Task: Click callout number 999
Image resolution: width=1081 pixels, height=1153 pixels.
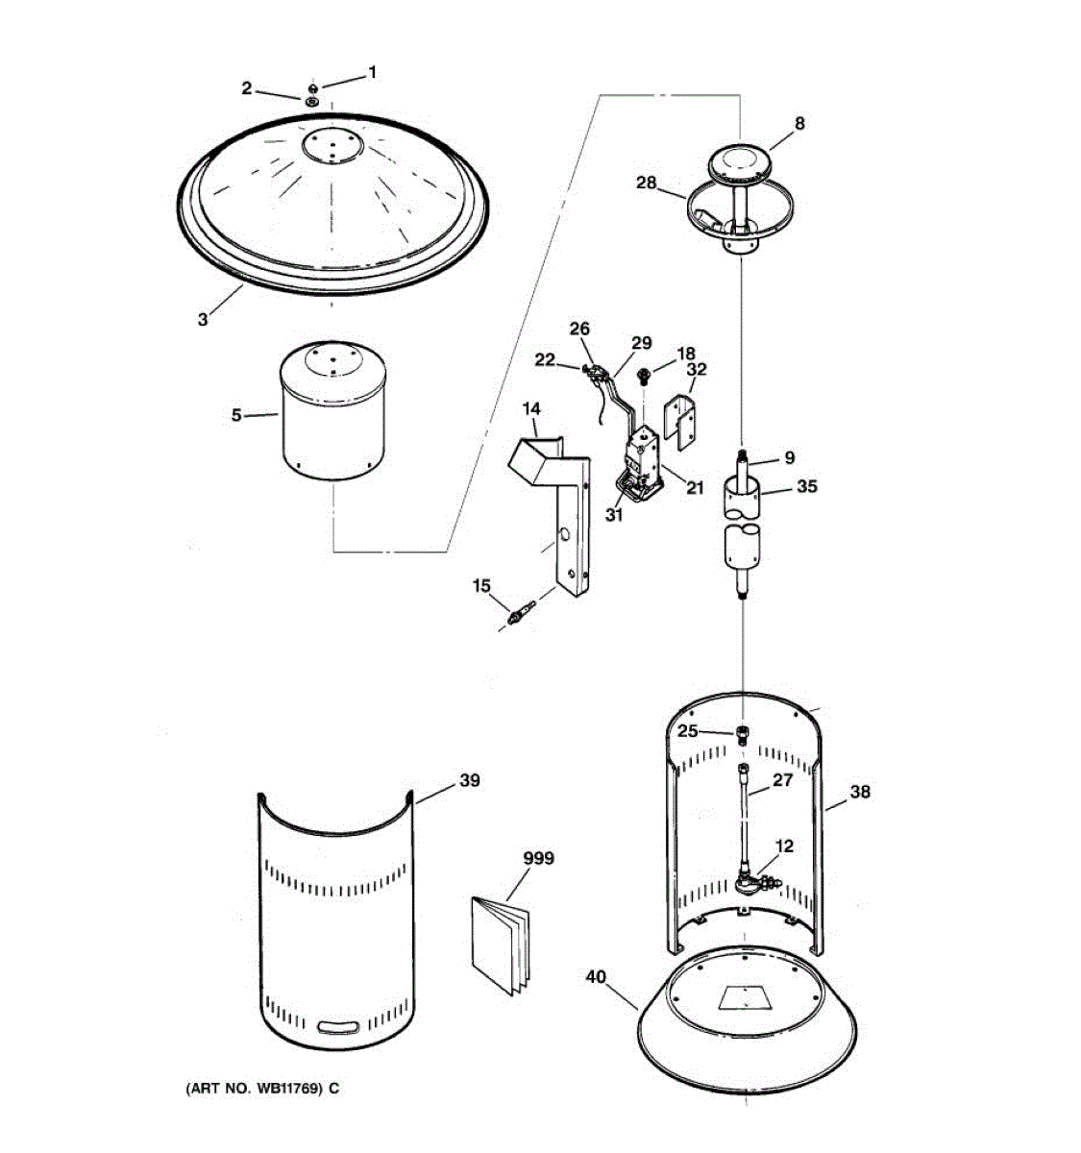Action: click(538, 858)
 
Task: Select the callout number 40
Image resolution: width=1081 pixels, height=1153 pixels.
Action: click(596, 976)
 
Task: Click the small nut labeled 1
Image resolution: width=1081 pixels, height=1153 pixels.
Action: click(312, 88)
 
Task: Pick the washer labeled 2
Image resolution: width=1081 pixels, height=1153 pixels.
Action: click(312, 102)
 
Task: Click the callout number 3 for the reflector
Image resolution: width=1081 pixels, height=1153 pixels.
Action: click(203, 320)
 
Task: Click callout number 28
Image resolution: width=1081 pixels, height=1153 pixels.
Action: click(646, 183)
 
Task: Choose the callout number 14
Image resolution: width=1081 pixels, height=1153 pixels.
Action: click(531, 409)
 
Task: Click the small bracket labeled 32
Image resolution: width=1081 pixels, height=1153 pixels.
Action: click(683, 419)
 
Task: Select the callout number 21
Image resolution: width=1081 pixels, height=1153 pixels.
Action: click(695, 488)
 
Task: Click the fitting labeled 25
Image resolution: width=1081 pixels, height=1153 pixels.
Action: click(743, 734)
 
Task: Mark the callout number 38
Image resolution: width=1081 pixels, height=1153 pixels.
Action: click(860, 792)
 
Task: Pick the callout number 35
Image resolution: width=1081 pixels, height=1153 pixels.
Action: click(807, 486)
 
